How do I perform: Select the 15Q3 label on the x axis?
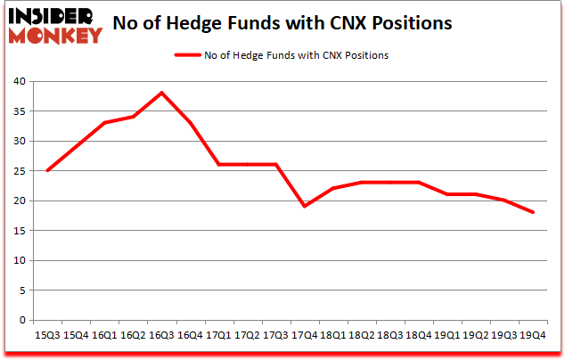[47, 335]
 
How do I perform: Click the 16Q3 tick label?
[161, 335]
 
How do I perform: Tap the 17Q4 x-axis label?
[305, 335]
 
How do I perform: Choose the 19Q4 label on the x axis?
[533, 335]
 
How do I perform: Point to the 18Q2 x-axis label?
[362, 335]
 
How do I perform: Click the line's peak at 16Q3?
[161, 93]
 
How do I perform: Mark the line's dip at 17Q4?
[305, 207]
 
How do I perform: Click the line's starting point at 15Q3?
[47, 170]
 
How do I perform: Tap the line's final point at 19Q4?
[533, 212]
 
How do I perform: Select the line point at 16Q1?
[104, 123]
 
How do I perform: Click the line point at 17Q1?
[218, 164]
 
